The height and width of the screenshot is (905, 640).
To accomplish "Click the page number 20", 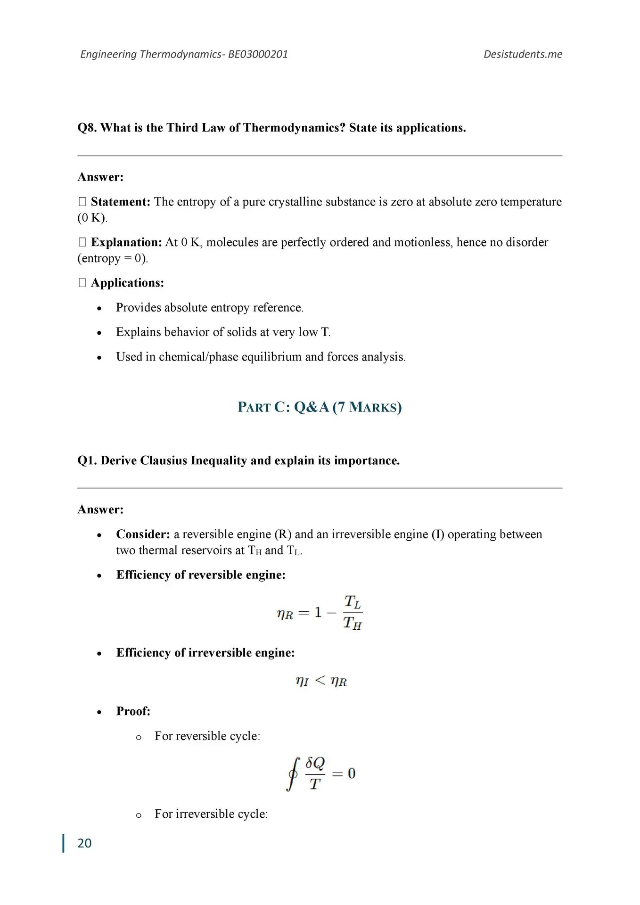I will [x=84, y=843].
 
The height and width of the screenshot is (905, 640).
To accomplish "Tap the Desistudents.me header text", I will [x=523, y=54].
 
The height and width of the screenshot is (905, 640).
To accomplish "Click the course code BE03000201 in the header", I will [x=258, y=54].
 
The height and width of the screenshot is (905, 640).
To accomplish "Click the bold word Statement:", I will [x=120, y=202].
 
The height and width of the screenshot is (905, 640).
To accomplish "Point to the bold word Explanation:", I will [x=126, y=242].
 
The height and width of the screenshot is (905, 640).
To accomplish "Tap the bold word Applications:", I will [x=127, y=283].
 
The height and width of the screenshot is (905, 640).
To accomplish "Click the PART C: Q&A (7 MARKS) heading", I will [x=320, y=407].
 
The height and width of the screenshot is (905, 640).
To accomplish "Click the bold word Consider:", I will [x=143, y=534].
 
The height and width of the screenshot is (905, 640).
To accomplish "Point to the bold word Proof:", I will [x=133, y=711].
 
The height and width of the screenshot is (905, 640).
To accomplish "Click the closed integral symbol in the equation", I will [x=293, y=774].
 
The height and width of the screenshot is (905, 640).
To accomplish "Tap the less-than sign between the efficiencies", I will [x=320, y=680].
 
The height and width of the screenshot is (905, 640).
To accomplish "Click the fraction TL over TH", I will [x=353, y=613].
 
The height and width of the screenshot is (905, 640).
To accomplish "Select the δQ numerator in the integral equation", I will [x=315, y=763].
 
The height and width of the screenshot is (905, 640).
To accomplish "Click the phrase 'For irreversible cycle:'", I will [x=211, y=814].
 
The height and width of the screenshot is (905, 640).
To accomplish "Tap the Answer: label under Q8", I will [x=100, y=177].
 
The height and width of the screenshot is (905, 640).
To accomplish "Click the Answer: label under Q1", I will [x=100, y=510].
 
